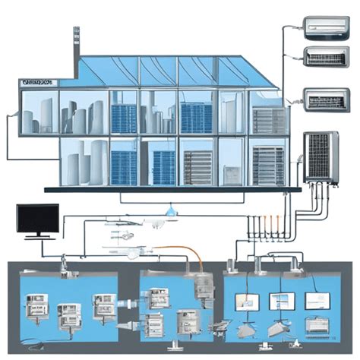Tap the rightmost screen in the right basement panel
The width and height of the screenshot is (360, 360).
(318, 301)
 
